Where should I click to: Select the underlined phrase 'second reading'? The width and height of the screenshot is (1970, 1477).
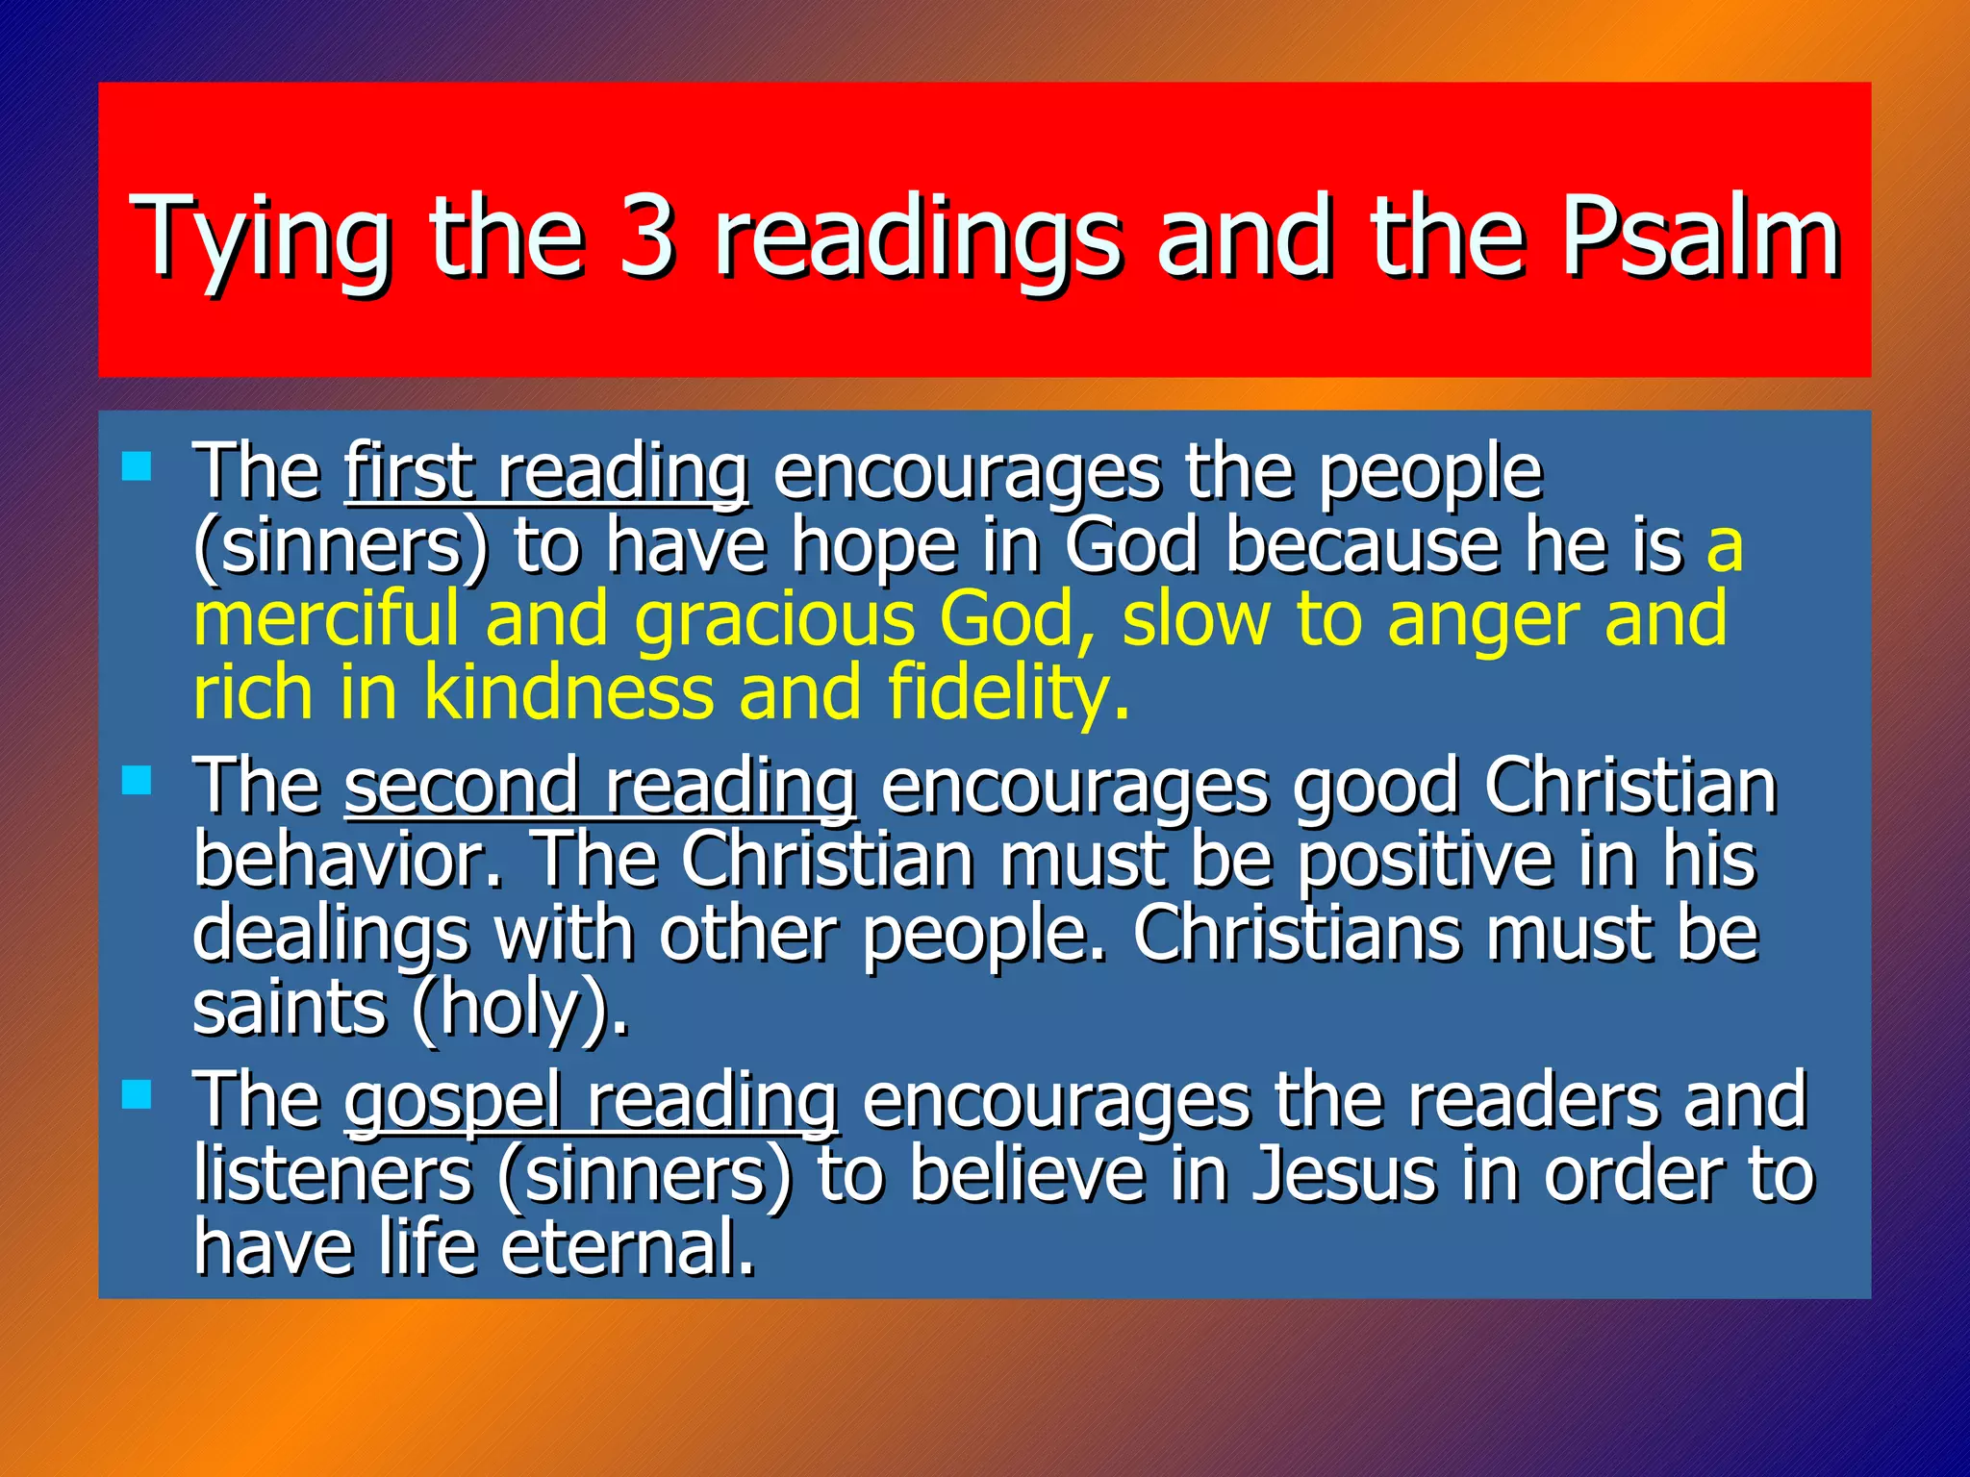(600, 787)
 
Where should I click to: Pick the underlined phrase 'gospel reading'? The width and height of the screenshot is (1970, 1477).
(591, 1101)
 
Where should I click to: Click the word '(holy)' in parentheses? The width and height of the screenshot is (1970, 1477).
(519, 1010)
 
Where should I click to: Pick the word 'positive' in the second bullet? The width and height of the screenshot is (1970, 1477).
(1425, 862)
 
